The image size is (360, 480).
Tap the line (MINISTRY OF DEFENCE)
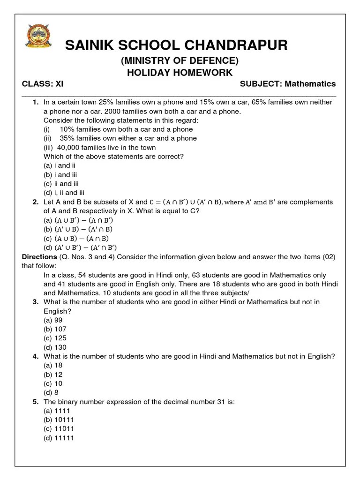pyautogui.click(x=180, y=60)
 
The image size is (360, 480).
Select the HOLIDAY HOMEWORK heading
pyautogui.click(x=180, y=72)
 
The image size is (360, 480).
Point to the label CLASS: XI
pyautogui.click(x=43, y=84)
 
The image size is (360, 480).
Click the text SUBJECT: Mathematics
pyautogui.click(x=288, y=84)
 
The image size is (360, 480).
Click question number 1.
pyautogui.click(x=36, y=102)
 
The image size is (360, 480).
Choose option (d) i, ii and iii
pyautogui.click(x=64, y=193)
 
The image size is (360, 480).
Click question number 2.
pyautogui.click(x=36, y=202)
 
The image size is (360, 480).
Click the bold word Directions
pyautogui.click(x=39, y=257)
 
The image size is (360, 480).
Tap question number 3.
pyautogui.click(x=36, y=302)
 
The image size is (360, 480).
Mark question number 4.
pyautogui.click(x=36, y=356)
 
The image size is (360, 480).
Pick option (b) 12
pyautogui.click(x=53, y=375)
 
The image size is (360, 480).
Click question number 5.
pyautogui.click(x=36, y=402)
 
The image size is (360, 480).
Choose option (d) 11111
pyautogui.click(x=59, y=438)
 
